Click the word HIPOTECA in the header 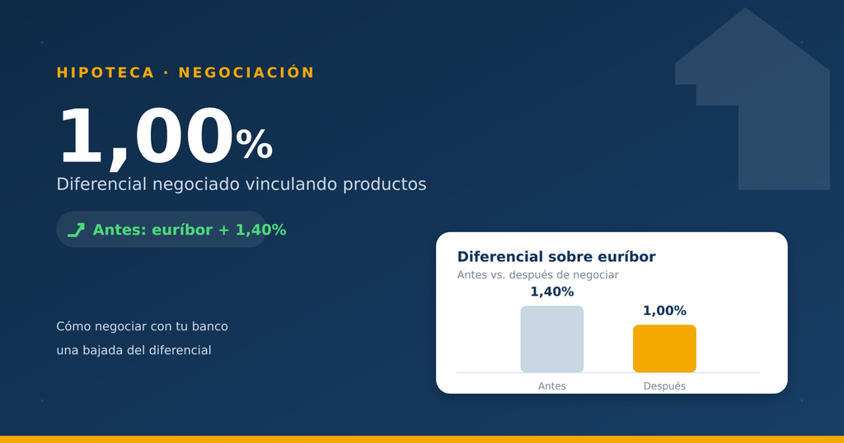(105, 72)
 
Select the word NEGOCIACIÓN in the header (246, 72)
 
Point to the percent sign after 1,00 (254, 144)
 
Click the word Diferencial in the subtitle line (101, 184)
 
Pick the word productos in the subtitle (384, 185)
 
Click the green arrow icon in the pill (76, 230)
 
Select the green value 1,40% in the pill (261, 230)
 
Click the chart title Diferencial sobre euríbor (556, 257)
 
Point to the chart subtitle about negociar (537, 275)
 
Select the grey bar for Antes (551, 338)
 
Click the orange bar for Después (664, 348)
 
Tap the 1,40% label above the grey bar (551, 292)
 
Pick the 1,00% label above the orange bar (664, 310)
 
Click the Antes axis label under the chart (551, 386)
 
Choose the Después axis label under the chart (664, 386)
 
